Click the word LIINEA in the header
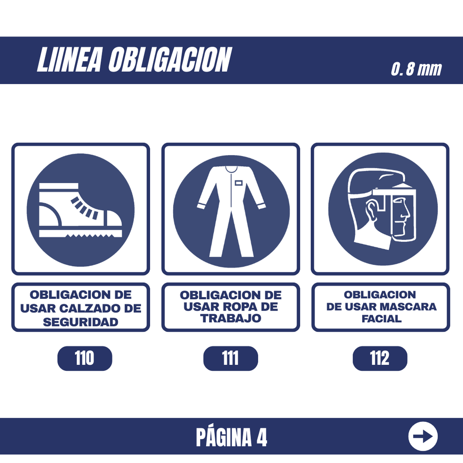[x=70, y=60]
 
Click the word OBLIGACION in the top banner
[x=170, y=60]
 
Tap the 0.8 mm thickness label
[x=416, y=69]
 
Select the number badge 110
[x=85, y=358]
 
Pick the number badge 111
[x=231, y=358]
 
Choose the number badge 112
[x=380, y=358]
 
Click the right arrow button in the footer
[x=423, y=436]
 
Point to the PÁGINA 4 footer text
[x=231, y=437]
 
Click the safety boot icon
[x=80, y=210]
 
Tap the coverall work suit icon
[x=231, y=212]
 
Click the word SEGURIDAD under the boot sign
[x=80, y=322]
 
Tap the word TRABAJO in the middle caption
[x=231, y=318]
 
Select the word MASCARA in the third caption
[x=408, y=307]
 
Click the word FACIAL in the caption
[x=382, y=319]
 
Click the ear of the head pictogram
[x=371, y=210]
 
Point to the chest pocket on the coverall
[x=239, y=183]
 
